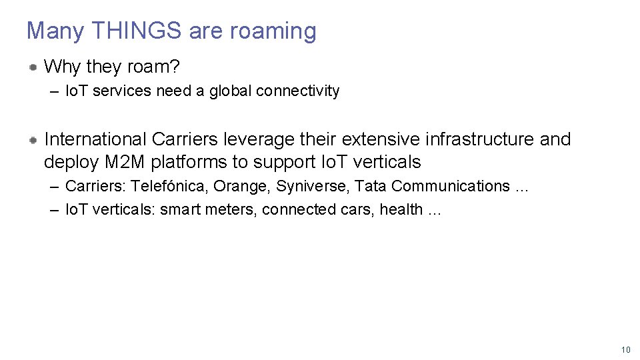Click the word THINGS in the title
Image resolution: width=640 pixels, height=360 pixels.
click(x=137, y=31)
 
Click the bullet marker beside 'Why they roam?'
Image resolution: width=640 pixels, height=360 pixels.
click(x=33, y=67)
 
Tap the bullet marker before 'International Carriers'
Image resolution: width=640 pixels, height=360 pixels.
click(x=33, y=139)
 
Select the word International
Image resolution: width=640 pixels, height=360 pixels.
click(x=95, y=139)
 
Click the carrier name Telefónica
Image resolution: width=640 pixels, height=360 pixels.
click(x=169, y=186)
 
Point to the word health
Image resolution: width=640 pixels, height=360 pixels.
click(x=401, y=209)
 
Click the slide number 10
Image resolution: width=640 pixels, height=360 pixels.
click(x=625, y=350)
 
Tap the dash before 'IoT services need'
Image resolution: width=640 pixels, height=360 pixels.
click(x=54, y=91)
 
